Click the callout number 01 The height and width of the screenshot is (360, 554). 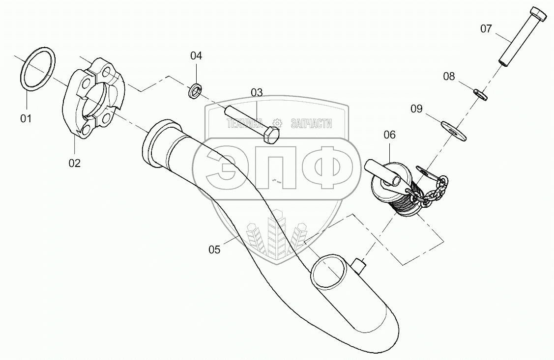click(x=26, y=118)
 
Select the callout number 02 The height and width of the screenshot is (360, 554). click(x=74, y=163)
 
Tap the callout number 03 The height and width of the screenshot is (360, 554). click(x=257, y=92)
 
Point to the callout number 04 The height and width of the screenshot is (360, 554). click(x=196, y=55)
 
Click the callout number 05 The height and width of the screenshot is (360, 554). click(x=214, y=249)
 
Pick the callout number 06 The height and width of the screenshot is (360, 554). click(x=389, y=135)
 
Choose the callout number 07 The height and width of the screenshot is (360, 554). click(x=486, y=28)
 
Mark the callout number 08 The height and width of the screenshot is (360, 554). click(x=449, y=76)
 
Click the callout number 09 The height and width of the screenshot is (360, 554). click(x=416, y=109)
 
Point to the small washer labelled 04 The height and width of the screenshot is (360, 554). click(x=195, y=91)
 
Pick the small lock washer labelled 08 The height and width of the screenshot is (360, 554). click(x=480, y=93)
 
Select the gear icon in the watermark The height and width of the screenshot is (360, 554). click(x=277, y=123)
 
